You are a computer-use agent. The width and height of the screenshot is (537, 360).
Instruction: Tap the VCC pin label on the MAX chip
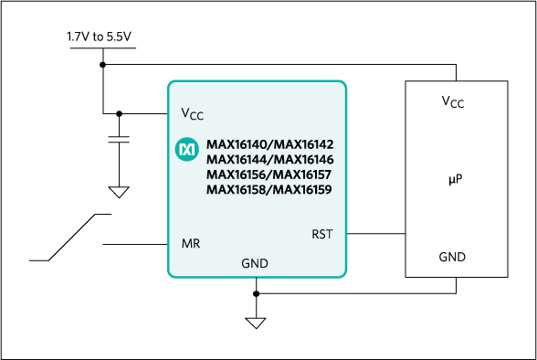coord(192,114)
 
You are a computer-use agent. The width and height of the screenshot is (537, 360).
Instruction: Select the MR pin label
coord(191,244)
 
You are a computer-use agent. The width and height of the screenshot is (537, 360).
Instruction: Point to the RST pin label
coord(322,234)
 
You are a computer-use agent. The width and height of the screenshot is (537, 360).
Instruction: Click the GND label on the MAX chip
coord(255,263)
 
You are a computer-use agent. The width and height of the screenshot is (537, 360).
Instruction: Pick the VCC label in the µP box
coord(452,102)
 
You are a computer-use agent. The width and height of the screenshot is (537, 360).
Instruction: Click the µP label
coord(456,181)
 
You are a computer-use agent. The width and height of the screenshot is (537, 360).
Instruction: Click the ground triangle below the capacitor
coord(119,193)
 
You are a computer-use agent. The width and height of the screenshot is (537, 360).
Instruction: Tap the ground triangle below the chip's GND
coord(256,323)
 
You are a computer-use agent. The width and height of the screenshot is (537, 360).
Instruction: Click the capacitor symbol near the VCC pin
coord(119,139)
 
